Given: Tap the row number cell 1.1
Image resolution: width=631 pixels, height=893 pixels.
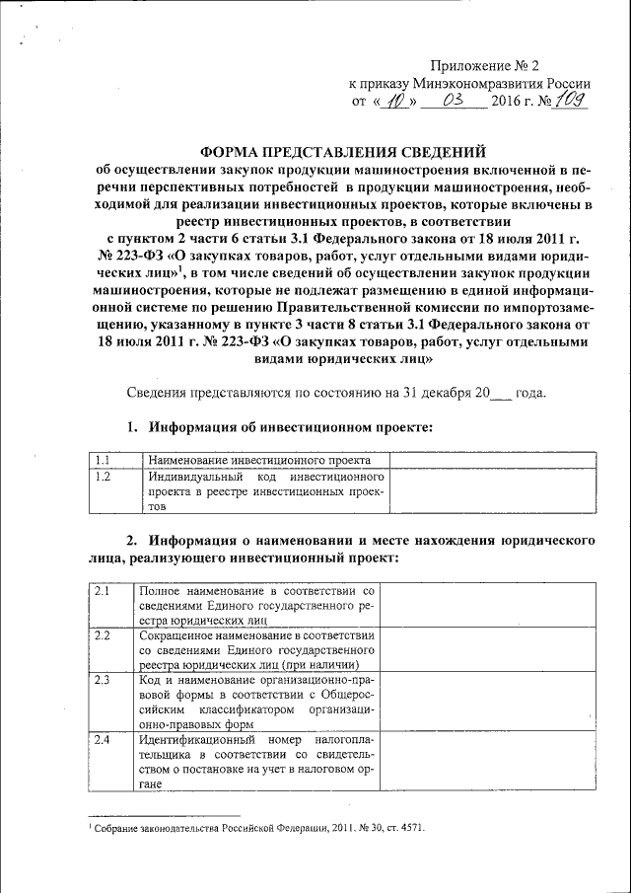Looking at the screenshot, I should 113,460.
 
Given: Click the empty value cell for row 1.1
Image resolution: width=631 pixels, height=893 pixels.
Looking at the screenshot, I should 491,460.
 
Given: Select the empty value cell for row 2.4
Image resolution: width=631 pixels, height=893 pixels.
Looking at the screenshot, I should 486,761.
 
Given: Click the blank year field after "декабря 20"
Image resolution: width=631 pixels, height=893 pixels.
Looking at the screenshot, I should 501,392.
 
